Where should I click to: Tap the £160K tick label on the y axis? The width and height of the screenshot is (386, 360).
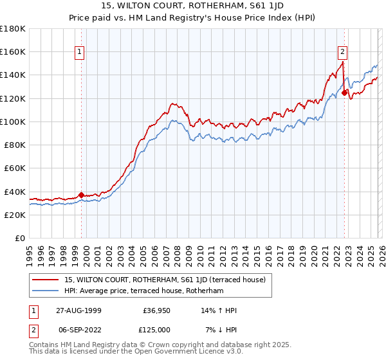click(x=13, y=51)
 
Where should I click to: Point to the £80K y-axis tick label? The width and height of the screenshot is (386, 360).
click(x=15, y=145)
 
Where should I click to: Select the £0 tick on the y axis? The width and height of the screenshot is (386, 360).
click(x=21, y=238)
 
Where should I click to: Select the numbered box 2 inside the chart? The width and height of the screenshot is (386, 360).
click(x=342, y=53)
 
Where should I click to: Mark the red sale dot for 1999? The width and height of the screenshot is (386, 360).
click(x=82, y=195)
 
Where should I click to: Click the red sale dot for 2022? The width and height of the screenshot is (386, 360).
click(x=344, y=93)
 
